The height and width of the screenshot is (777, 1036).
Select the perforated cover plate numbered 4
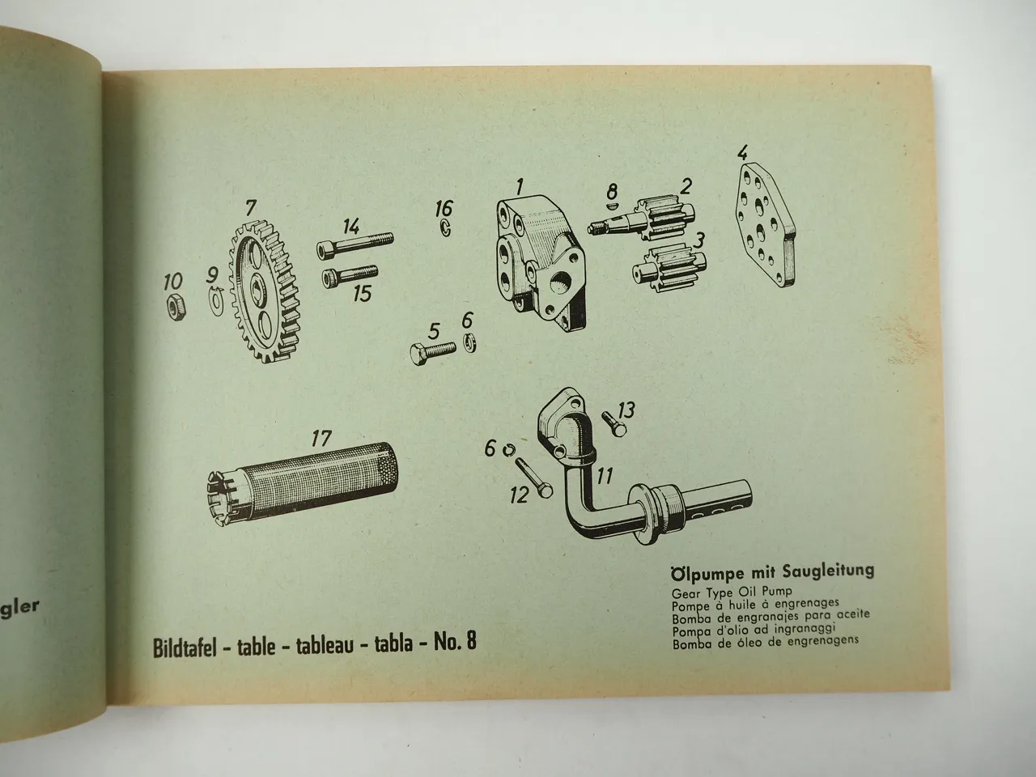pyautogui.click(x=762, y=226)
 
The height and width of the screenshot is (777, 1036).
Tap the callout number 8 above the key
pyautogui.click(x=612, y=192)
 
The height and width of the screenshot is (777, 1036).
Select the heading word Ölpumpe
pyautogui.click(x=708, y=571)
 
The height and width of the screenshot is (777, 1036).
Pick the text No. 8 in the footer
pyautogui.click(x=456, y=643)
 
